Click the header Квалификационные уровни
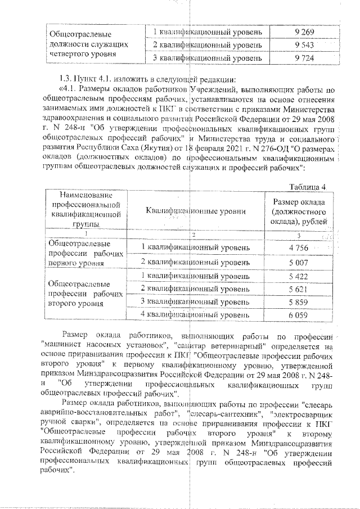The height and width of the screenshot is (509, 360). [x=195, y=211]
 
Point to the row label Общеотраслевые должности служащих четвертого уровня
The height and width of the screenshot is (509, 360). [x=88, y=44]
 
